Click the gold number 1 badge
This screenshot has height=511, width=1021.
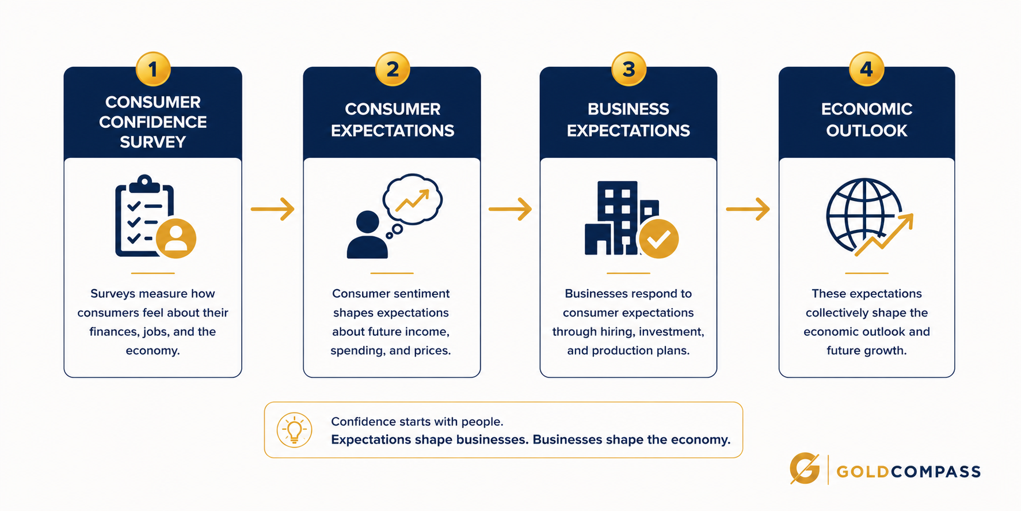coord(153,69)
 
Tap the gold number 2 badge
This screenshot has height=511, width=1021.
coord(393,69)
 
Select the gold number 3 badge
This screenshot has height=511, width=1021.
coord(628,69)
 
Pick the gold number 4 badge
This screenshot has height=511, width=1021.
coord(866,69)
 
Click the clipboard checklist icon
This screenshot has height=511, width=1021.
coord(144,216)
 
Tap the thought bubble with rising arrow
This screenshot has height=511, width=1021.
coord(413,199)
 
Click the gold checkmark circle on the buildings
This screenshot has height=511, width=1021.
coord(658,239)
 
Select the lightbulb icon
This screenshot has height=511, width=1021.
coord(294,430)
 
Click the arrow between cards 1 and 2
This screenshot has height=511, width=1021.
coord(273,209)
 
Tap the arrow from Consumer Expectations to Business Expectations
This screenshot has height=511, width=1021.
coord(510,209)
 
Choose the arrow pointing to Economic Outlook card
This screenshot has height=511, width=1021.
coord(748,209)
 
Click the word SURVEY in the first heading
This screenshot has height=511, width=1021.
coord(153,142)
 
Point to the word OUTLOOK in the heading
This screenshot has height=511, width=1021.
coord(867,131)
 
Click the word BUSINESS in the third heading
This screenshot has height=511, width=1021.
coord(628,109)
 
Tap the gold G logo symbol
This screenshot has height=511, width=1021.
coord(805,468)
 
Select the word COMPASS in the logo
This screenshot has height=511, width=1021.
coord(936,472)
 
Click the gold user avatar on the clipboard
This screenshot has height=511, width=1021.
coord(176,239)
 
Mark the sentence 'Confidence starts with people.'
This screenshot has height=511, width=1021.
coord(417,422)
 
